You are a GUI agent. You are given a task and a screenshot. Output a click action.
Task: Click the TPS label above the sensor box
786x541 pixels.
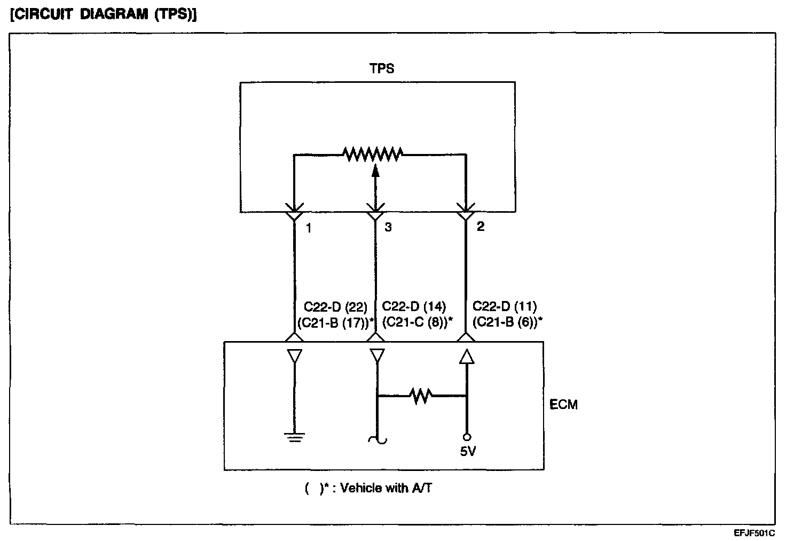click(x=382, y=68)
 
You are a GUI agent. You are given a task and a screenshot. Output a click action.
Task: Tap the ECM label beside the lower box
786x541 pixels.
click(x=563, y=404)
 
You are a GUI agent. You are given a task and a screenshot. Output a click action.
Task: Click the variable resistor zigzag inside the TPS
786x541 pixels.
click(x=373, y=154)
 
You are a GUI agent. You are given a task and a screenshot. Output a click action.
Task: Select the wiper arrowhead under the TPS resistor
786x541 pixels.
click(x=375, y=171)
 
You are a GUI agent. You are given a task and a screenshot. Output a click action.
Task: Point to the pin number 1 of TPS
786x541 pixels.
click(x=309, y=228)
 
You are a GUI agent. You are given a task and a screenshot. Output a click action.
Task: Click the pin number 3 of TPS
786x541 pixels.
click(x=388, y=227)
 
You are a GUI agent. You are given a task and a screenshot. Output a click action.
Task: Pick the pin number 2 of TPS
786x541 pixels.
click(x=480, y=226)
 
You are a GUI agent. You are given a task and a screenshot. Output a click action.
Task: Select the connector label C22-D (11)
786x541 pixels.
click(x=505, y=307)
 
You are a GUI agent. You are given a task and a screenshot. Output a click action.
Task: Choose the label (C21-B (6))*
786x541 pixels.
click(x=508, y=322)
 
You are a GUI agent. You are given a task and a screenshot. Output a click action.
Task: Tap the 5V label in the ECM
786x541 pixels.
click(x=468, y=452)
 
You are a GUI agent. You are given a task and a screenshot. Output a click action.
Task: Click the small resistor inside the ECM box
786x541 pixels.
click(x=421, y=396)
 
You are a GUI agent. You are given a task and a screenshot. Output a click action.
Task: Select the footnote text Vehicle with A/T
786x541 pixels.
click(x=386, y=488)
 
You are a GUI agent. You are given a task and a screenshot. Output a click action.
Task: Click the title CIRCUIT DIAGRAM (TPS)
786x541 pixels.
click(x=104, y=14)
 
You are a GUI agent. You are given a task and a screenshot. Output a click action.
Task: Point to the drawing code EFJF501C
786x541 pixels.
click(x=754, y=533)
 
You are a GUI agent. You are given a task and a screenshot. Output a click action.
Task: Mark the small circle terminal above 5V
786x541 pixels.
click(x=467, y=437)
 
